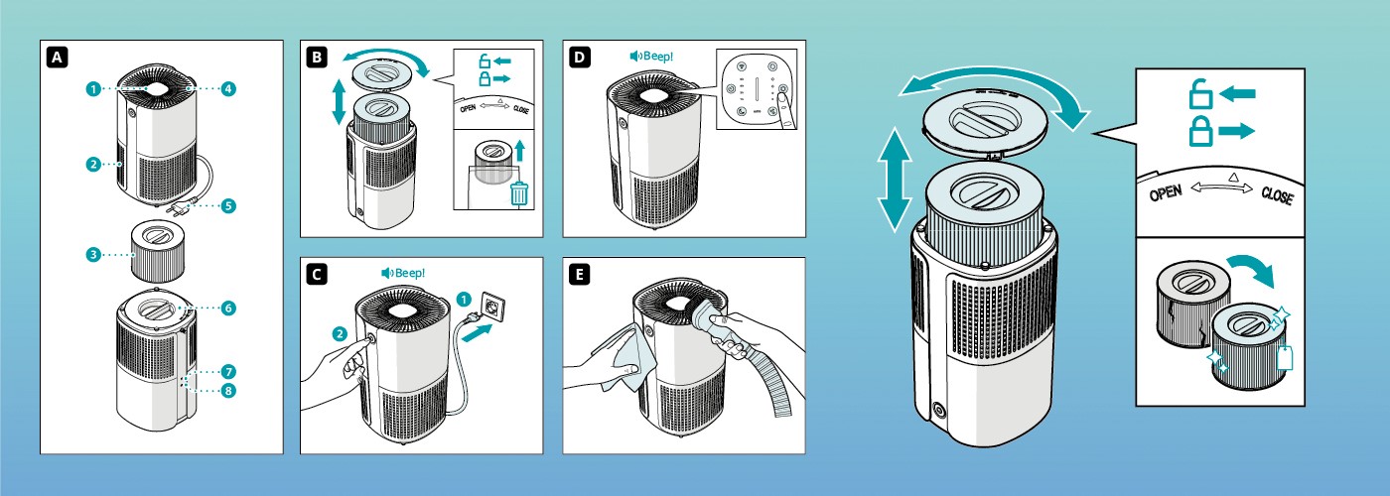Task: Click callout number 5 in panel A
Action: pyautogui.click(x=228, y=206)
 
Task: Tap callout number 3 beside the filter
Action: pyautogui.click(x=92, y=255)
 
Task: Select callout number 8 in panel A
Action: pyautogui.click(x=228, y=391)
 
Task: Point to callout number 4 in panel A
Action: pyautogui.click(x=228, y=88)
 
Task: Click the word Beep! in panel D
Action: pyautogui.click(x=658, y=57)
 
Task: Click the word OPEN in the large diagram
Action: pyautogui.click(x=1166, y=192)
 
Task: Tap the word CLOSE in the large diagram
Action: pyautogui.click(x=1276, y=195)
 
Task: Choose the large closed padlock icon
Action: pyautogui.click(x=1200, y=131)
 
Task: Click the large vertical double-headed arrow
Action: pyautogui.click(x=896, y=179)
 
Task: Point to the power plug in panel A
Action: pyautogui.click(x=181, y=209)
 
